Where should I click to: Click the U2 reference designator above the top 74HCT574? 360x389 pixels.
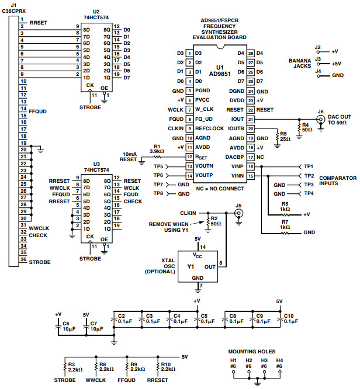96,12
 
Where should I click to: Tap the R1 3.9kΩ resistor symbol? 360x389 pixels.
157,157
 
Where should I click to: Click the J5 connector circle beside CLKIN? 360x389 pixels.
238,214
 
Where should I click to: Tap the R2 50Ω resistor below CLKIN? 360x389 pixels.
206,222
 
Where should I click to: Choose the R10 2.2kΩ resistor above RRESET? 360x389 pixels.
157,367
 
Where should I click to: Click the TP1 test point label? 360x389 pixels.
309,166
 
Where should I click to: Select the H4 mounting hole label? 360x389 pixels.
279,360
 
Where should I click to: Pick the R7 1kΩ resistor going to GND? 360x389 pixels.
284,232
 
